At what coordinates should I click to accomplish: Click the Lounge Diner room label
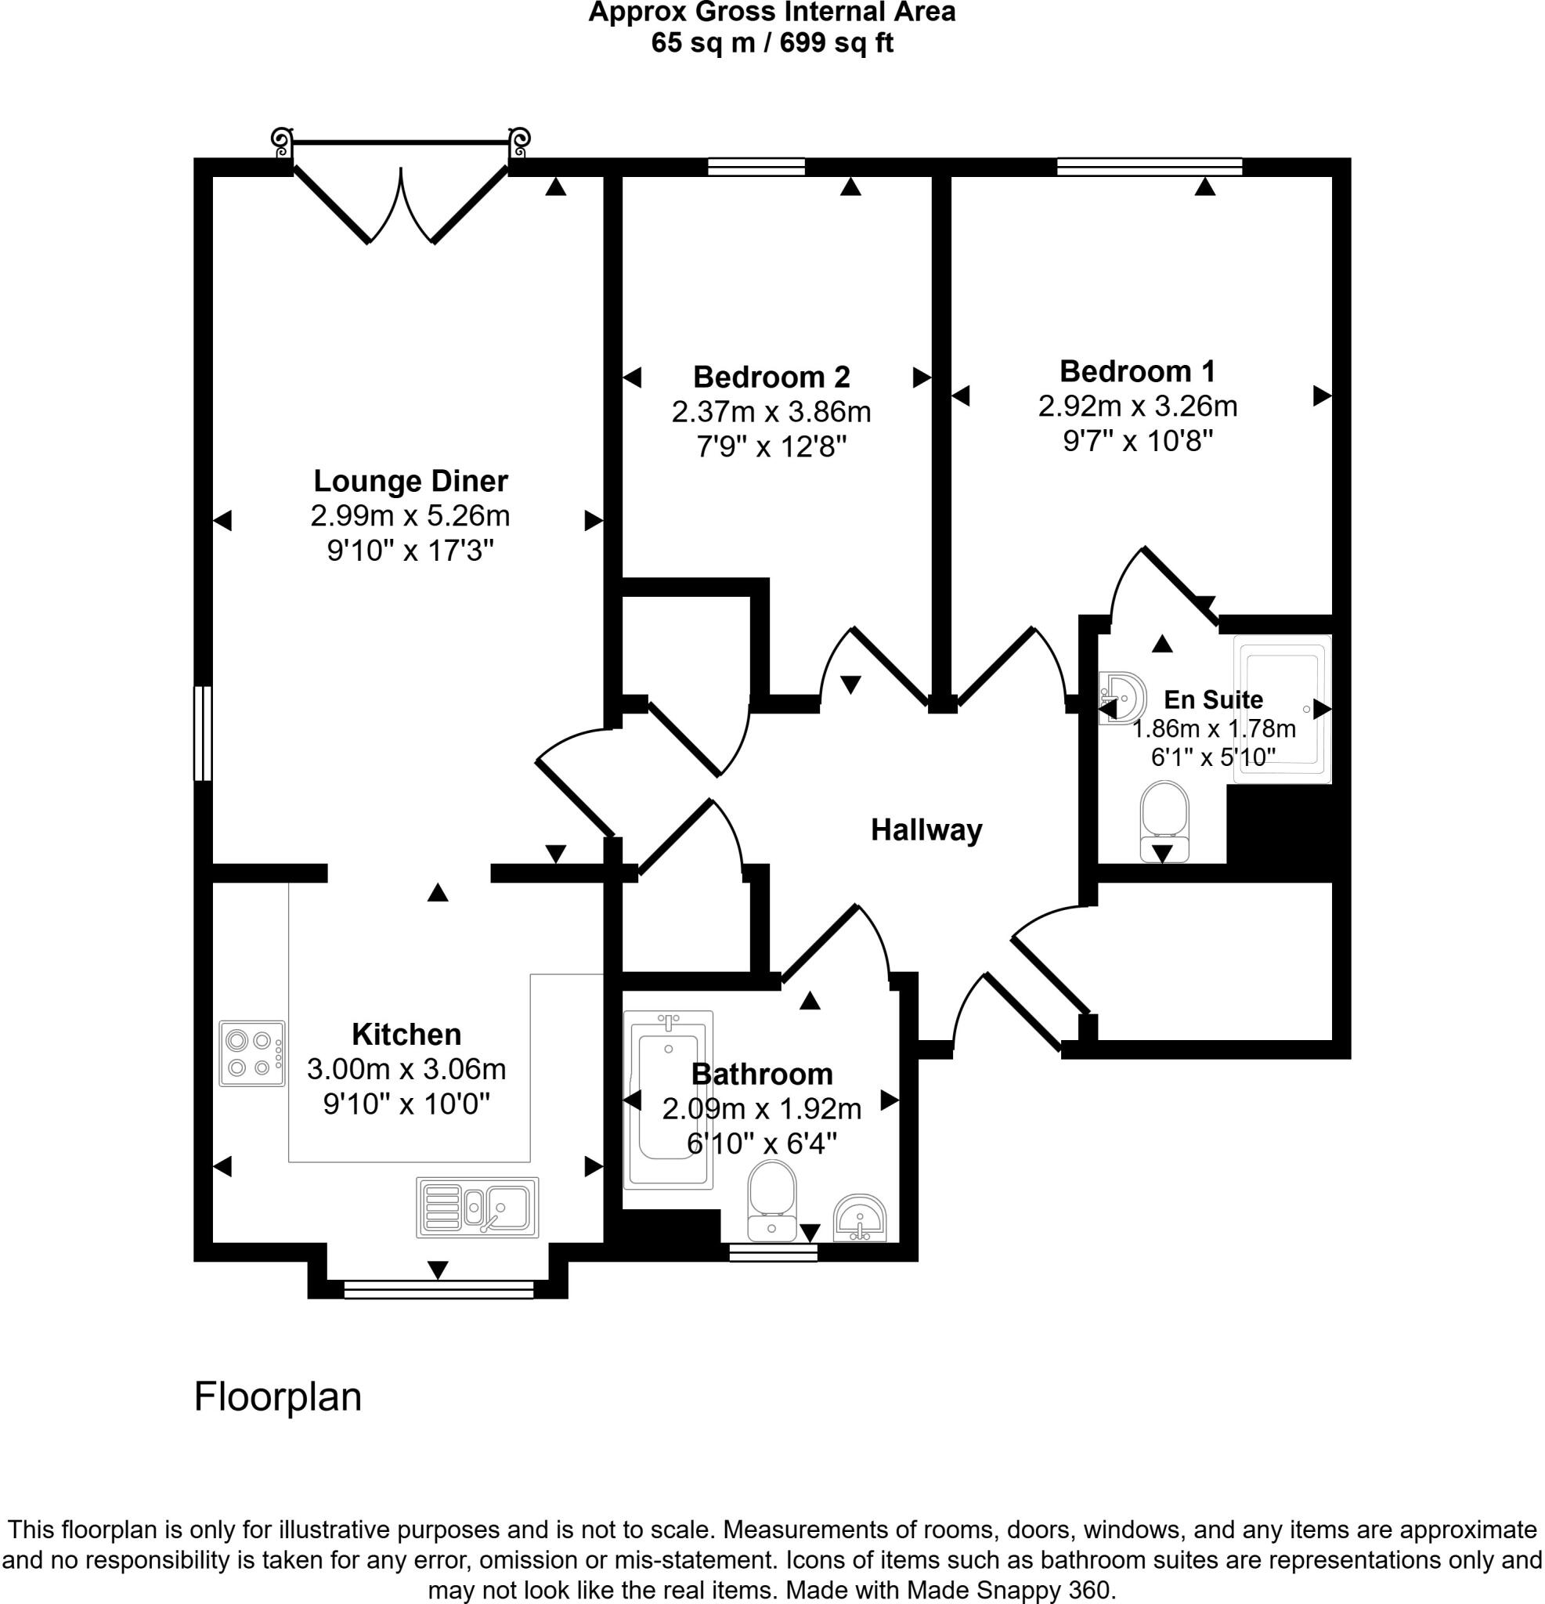click(x=410, y=480)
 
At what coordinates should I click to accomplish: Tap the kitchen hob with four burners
click(x=252, y=1053)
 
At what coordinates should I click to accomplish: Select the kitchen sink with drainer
click(x=478, y=1207)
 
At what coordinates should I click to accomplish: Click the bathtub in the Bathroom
click(x=668, y=1100)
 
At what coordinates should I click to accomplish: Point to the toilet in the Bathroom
click(x=771, y=1200)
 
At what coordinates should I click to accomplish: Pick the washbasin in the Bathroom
click(x=859, y=1219)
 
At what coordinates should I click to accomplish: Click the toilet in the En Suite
click(x=1164, y=821)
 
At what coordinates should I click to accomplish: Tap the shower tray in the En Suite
click(x=1282, y=709)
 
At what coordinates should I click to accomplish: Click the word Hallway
click(x=926, y=830)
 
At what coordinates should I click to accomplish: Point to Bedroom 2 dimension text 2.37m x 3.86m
click(x=771, y=412)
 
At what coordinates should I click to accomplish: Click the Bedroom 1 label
click(x=1137, y=370)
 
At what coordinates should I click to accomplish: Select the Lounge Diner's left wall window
click(x=202, y=733)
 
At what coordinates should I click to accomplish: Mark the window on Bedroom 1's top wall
click(x=1149, y=167)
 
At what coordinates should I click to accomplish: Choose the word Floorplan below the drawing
click(x=277, y=1397)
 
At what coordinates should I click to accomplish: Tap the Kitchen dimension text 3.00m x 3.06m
click(x=406, y=1069)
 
